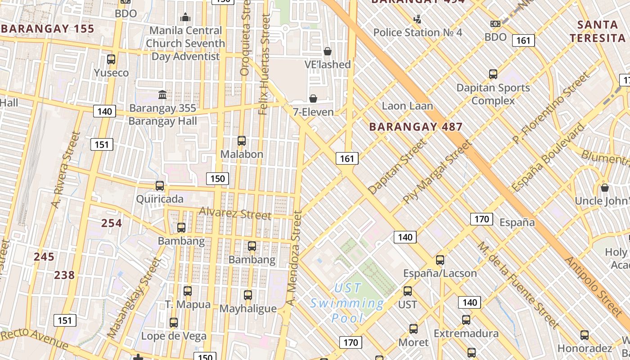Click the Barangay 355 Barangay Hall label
point(163,114)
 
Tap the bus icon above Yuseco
point(111,59)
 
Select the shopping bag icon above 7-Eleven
point(313,98)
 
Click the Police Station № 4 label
point(418,32)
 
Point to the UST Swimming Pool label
point(347,303)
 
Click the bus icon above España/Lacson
point(440,260)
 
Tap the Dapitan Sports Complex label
point(493,94)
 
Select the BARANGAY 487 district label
point(416,127)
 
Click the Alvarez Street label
point(235,213)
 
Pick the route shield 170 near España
point(481,219)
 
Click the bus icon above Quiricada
point(160,185)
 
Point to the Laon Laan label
point(407,106)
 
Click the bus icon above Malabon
point(242,140)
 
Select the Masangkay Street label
point(134,297)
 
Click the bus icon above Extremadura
point(466,320)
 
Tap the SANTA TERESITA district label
point(597,31)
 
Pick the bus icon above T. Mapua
point(188,291)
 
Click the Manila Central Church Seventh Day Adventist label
point(185,43)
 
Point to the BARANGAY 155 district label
point(47,29)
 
